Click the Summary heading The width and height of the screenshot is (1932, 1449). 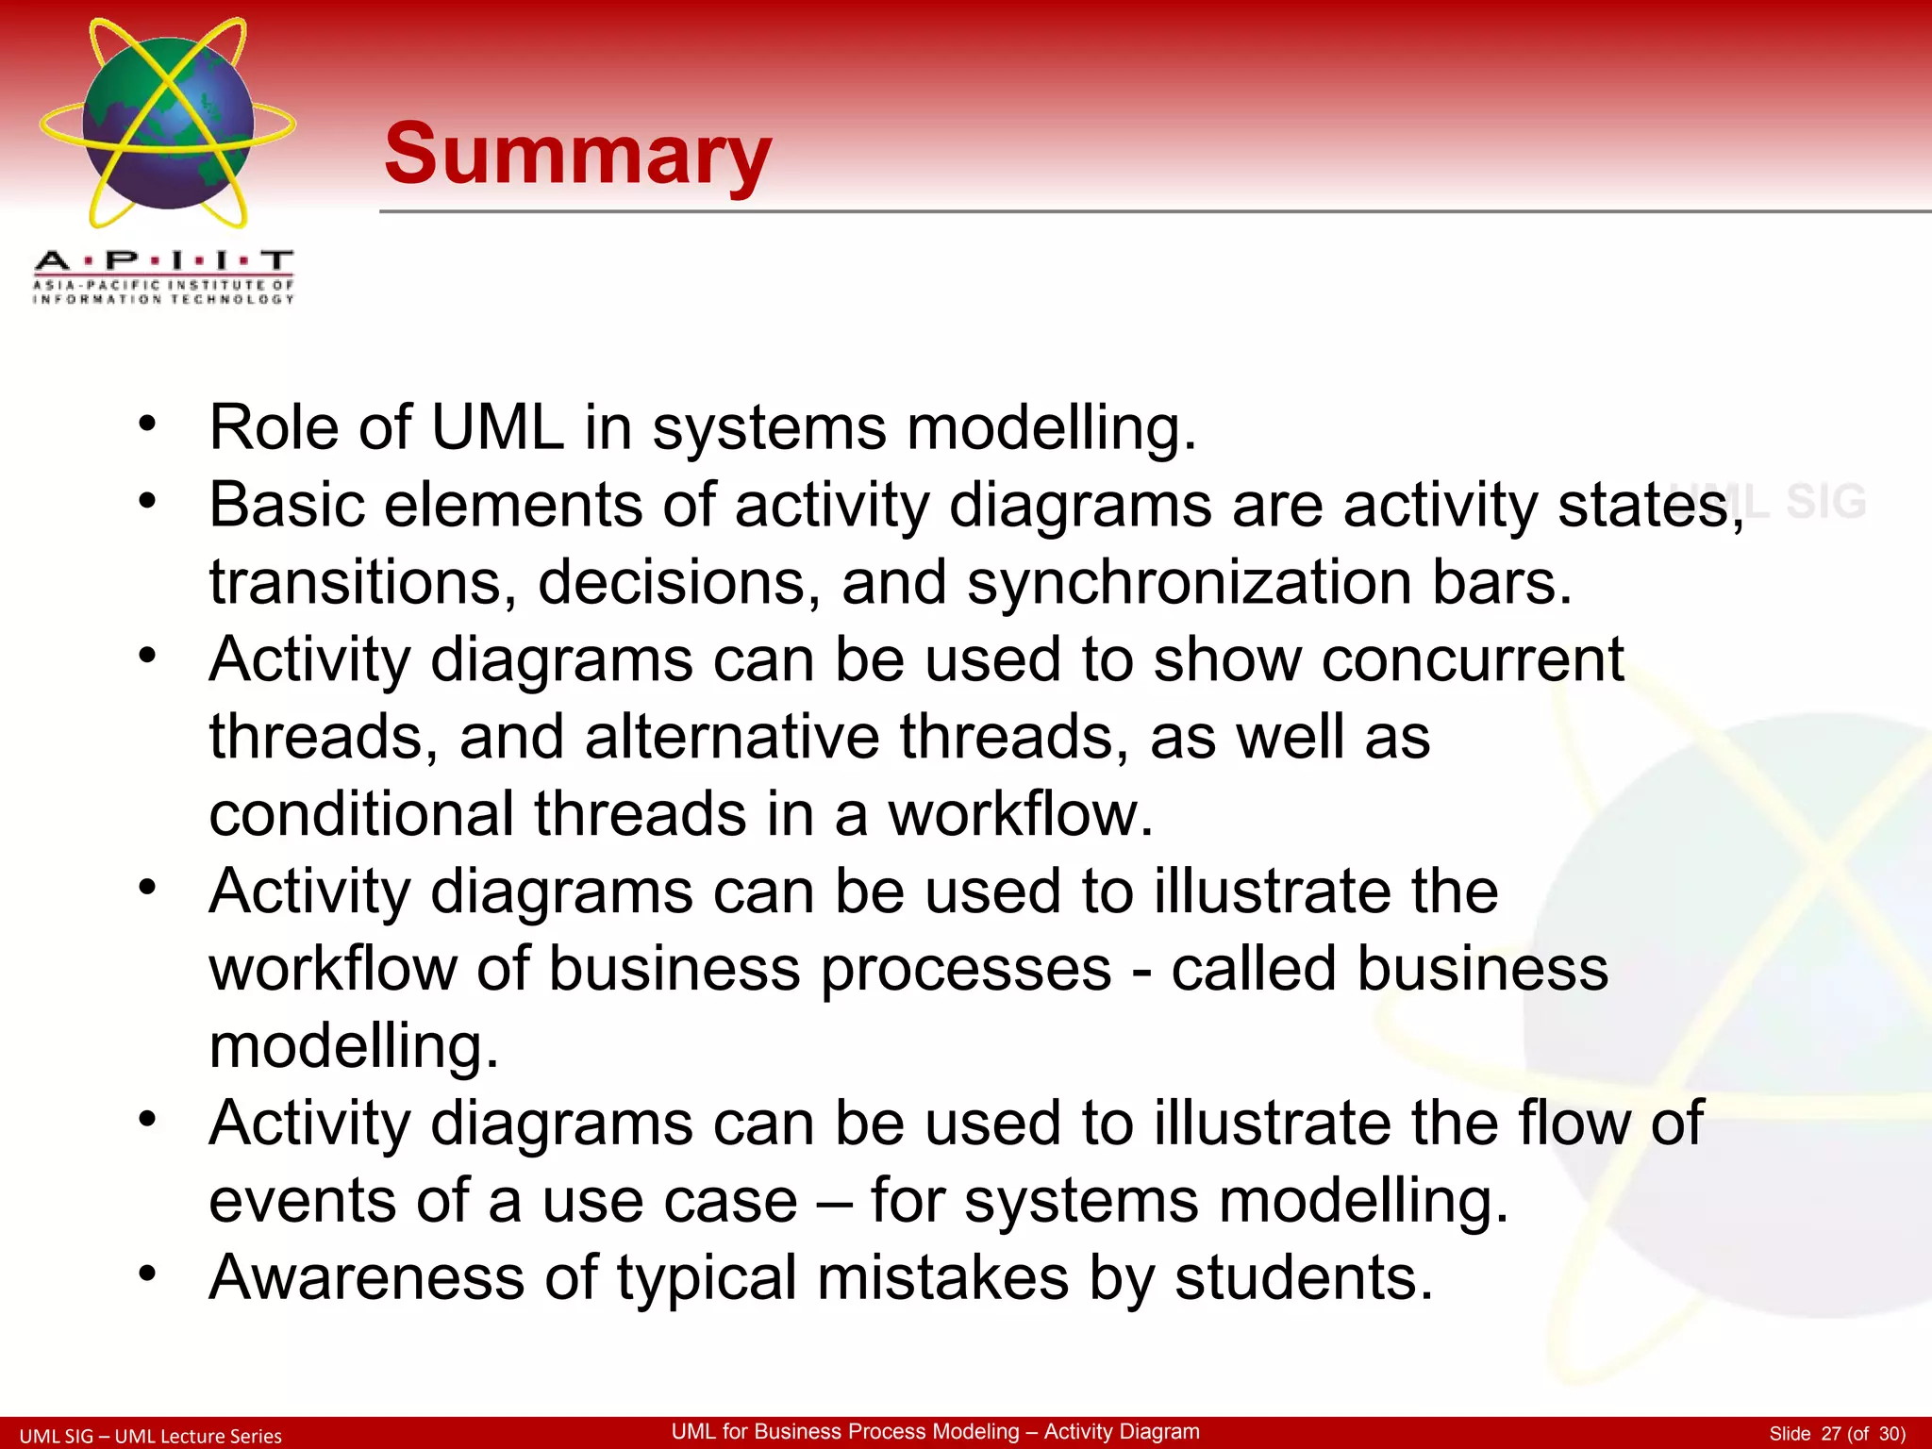click(577, 155)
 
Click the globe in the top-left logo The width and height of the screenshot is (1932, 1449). click(168, 123)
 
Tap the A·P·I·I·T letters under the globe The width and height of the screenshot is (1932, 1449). click(164, 260)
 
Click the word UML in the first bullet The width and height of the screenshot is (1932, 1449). click(497, 427)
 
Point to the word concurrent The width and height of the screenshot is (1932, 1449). click(1472, 659)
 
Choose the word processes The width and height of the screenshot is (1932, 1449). click(966, 969)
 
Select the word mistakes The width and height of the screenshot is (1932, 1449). click(942, 1277)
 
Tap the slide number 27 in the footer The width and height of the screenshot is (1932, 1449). click(1831, 1434)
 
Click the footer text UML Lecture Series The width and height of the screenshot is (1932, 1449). click(198, 1436)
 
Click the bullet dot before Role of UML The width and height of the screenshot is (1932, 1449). click(146, 424)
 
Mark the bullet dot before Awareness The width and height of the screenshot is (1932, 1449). click(146, 1274)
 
